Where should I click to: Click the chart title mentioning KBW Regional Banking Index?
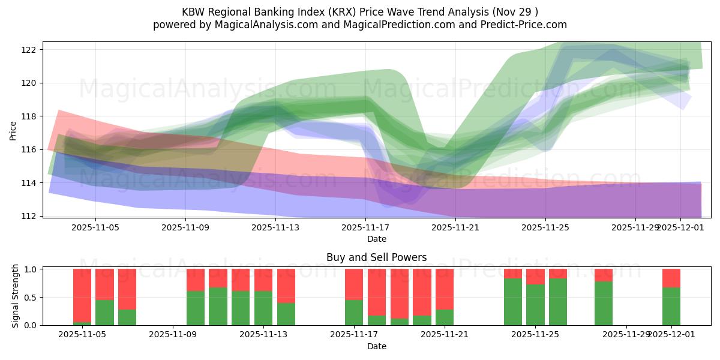click(x=360, y=12)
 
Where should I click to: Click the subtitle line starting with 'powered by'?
click(x=360, y=25)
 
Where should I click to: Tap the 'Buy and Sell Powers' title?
click(x=376, y=257)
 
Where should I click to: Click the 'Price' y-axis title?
click(x=13, y=130)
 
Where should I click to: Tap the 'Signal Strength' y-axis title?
click(x=16, y=296)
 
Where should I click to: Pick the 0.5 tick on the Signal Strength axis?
click(x=31, y=297)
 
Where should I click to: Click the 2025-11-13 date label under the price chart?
click(x=275, y=227)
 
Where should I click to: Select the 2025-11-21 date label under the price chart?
click(x=455, y=227)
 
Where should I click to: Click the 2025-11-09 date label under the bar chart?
click(x=173, y=335)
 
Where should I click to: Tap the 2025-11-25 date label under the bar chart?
click(x=535, y=335)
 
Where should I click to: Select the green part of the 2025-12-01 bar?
click(x=671, y=307)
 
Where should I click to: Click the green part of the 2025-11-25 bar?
click(x=535, y=305)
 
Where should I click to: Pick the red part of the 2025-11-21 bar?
click(x=445, y=289)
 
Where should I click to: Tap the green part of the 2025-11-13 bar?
click(x=263, y=308)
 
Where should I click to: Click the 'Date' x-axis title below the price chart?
click(x=376, y=239)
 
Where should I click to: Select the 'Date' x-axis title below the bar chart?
click(x=376, y=346)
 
